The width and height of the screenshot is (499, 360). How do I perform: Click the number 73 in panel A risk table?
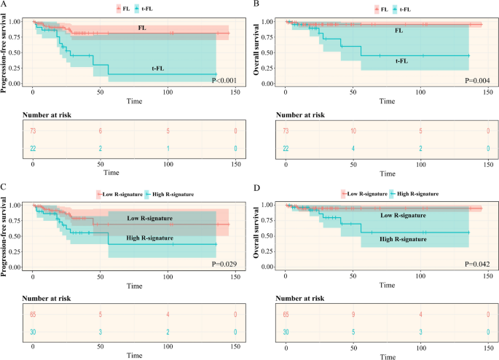33,131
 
